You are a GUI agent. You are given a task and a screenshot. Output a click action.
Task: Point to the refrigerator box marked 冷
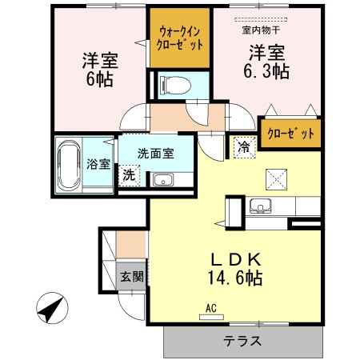243,146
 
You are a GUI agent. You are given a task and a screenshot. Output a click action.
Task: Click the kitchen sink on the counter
261,206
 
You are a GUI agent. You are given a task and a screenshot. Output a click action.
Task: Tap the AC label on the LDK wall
212,307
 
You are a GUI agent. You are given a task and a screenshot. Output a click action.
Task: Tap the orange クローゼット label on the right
290,134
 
